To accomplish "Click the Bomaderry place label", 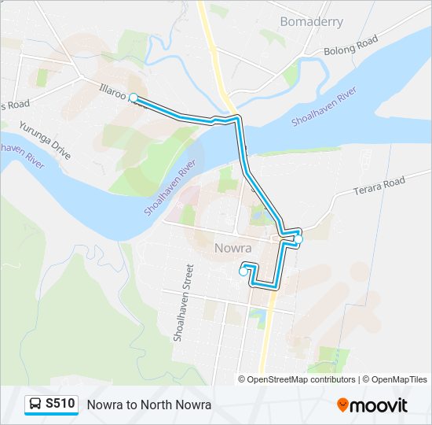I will pyautogui.click(x=312, y=21).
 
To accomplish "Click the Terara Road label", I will pyautogui.click(x=379, y=187).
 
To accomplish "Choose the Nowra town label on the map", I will pyautogui.click(x=232, y=249).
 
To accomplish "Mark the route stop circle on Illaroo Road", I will pyautogui.click(x=134, y=98).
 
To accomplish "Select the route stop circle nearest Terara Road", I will pyautogui.click(x=298, y=239).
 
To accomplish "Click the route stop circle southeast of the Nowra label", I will pyautogui.click(x=243, y=272).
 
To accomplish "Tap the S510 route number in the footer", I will pyautogui.click(x=60, y=404).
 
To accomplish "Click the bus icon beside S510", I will pyautogui.click(x=36, y=405).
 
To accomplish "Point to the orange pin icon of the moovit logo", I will pyautogui.click(x=342, y=405).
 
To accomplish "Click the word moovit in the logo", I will pyautogui.click(x=379, y=405).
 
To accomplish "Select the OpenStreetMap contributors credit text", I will pyautogui.click(x=301, y=379).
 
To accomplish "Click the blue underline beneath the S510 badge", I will pyautogui.click(x=51, y=415).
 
